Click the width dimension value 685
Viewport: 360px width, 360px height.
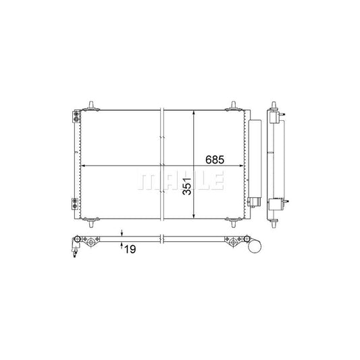(x=214, y=160)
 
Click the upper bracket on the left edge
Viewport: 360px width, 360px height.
(x=74, y=117)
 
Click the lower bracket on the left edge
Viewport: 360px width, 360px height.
(x=74, y=202)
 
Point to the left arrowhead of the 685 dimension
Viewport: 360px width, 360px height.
(x=83, y=166)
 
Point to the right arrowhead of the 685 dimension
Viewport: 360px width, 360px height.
(x=241, y=166)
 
